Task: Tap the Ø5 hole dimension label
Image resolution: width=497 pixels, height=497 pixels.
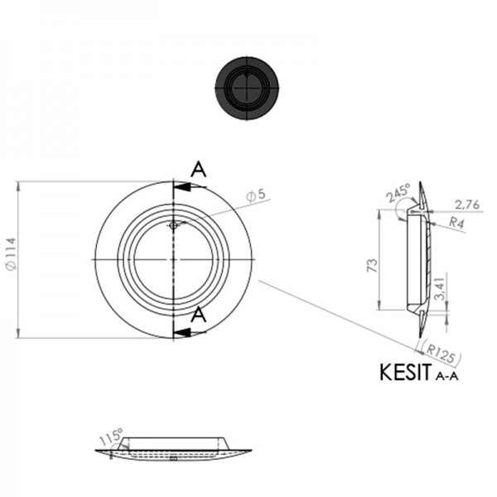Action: (257, 195)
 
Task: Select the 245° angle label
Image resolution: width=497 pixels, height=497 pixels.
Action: (398, 192)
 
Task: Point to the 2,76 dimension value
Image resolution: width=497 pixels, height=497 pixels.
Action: (467, 205)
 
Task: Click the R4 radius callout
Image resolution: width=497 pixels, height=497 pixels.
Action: (456, 223)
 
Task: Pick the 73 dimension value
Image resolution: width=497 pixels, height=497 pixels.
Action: (373, 265)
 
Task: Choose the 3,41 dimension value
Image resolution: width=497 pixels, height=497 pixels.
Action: (441, 287)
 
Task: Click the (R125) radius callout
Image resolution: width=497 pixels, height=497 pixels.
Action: (440, 353)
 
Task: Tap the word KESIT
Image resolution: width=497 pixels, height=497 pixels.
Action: (406, 372)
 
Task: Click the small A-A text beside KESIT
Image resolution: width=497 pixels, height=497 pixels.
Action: (447, 376)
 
